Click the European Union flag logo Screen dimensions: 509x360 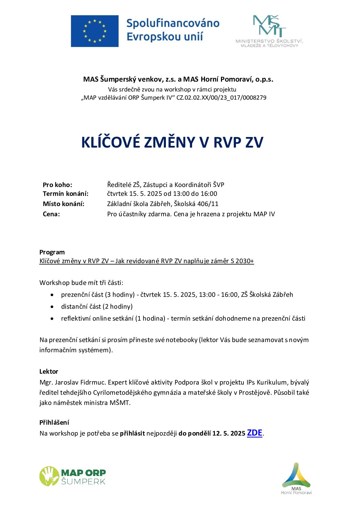[x=95, y=31]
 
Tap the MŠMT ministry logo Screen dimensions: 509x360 [x=269, y=31]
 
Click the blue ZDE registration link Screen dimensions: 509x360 [x=254, y=433]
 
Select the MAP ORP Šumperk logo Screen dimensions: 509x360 [x=73, y=476]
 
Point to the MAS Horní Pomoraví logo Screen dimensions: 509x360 [x=296, y=478]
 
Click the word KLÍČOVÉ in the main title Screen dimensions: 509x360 [x=110, y=142]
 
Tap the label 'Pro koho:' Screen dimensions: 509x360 [x=57, y=185]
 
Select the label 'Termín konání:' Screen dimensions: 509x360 [x=65, y=194]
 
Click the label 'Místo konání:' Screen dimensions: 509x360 [x=63, y=204]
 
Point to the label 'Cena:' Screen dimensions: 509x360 [x=51, y=214]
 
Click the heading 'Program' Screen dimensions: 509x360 [x=52, y=252]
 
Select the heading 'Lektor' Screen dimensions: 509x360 [x=49, y=372]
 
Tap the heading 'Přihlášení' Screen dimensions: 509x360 [x=54, y=423]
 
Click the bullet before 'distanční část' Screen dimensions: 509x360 [x=52, y=307]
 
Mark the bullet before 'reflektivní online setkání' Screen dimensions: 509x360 [x=52, y=319]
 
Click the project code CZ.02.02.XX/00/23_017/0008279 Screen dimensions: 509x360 [x=221, y=98]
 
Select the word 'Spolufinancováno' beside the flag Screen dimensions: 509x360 [x=173, y=23]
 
